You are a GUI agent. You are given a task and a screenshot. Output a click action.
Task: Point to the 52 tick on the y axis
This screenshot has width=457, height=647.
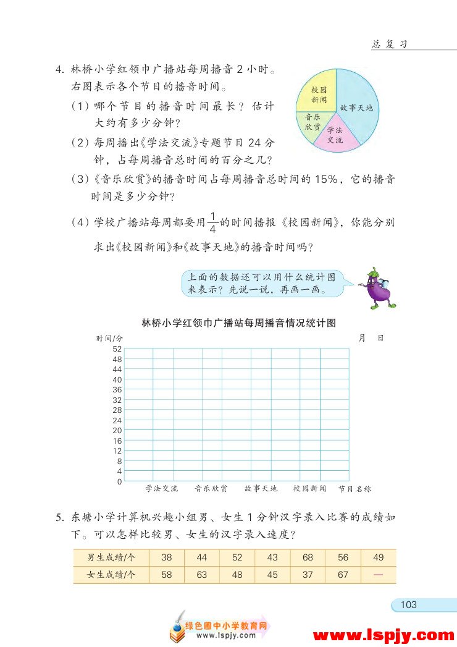117,349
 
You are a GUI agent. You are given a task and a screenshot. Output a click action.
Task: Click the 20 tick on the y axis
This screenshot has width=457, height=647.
117,430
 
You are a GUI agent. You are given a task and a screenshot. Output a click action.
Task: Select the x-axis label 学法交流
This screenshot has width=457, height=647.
162,489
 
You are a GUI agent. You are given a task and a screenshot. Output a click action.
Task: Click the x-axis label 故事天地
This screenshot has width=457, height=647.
261,489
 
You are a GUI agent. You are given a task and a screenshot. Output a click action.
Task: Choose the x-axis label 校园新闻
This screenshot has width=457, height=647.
309,489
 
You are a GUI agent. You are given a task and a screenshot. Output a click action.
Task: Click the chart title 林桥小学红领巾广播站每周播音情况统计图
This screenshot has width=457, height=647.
238,323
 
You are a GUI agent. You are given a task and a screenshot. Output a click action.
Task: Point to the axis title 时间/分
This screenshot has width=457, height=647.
109,339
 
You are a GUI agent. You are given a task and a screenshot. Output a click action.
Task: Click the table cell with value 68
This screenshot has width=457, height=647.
308,557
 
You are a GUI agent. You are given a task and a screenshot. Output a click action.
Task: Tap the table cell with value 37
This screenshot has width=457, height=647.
308,575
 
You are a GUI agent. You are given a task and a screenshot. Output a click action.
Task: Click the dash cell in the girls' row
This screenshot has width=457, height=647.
378,575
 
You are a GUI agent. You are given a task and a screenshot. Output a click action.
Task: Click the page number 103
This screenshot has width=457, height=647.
409,604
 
